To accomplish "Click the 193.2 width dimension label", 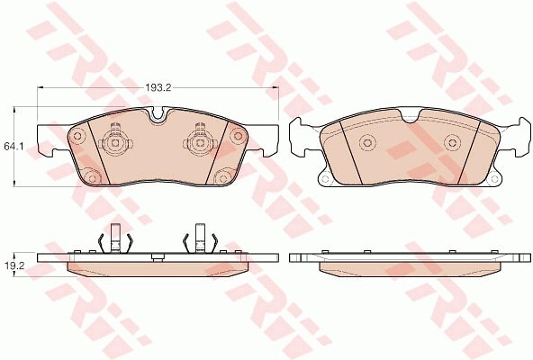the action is tap(158, 87).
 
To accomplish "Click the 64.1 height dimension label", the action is tap(11, 147).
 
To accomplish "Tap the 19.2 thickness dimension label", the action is tap(13, 266).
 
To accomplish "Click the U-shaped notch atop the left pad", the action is tap(157, 114).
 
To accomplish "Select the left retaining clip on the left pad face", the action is tap(115, 140).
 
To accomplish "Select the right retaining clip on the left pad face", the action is tap(200, 140).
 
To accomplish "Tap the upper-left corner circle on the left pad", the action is tap(77, 136).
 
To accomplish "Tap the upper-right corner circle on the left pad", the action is tap(236, 136).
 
